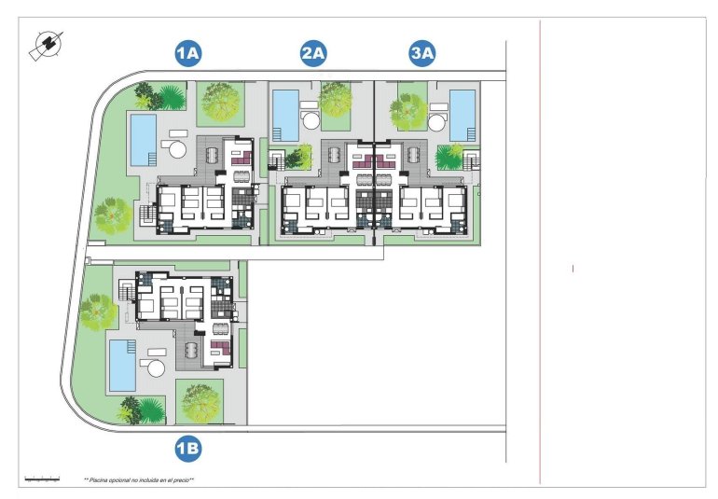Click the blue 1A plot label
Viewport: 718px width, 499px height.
pyautogui.click(x=188, y=54)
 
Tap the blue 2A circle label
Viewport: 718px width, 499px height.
pyautogui.click(x=313, y=54)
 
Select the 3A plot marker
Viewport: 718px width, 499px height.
pyautogui.click(x=422, y=54)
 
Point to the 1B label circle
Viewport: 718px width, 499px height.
pyautogui.click(x=188, y=450)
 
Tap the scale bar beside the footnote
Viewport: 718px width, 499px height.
pyautogui.click(x=42, y=479)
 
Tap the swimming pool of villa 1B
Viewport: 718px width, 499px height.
pyautogui.click(x=121, y=365)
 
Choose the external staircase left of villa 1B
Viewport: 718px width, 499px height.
pyautogui.click(x=125, y=296)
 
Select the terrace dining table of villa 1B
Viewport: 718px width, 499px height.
pyautogui.click(x=192, y=351)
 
